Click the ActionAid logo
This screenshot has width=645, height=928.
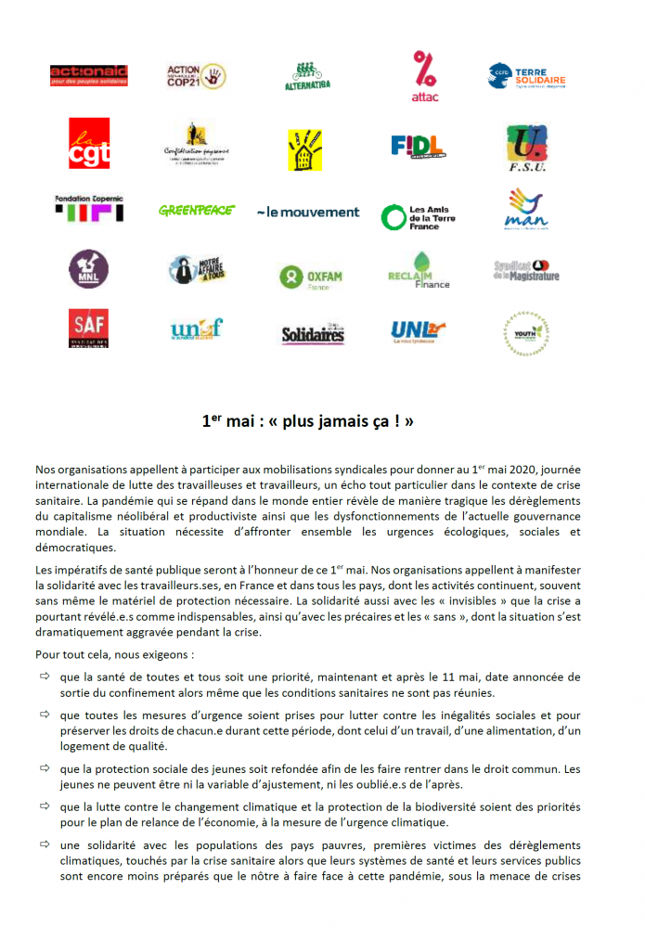coord(89,75)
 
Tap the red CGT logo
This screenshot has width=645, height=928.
coord(89,143)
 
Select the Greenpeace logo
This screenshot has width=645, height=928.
coord(197,211)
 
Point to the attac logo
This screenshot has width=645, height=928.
coord(425,75)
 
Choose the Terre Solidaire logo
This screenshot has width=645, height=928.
coord(526,75)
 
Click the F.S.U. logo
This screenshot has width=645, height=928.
coord(526,147)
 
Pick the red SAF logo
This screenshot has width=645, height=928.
coord(89,328)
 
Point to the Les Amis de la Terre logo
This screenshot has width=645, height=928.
coord(414,217)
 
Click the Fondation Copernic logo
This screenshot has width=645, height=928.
coord(89,208)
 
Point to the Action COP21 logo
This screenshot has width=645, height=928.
coord(196,75)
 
